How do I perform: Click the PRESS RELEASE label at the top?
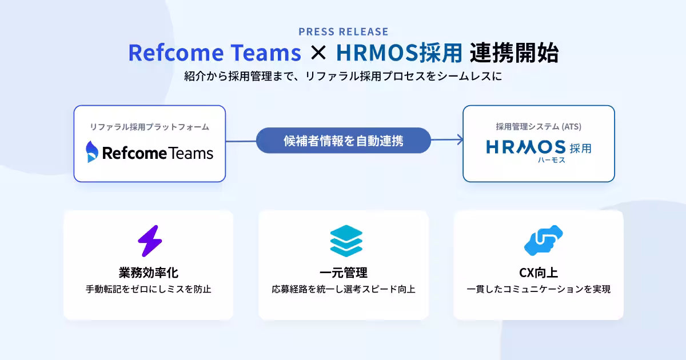click(344, 31)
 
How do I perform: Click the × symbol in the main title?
click(318, 53)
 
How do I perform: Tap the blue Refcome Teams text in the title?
click(215, 53)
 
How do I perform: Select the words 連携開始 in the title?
click(514, 53)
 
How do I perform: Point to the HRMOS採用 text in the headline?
click(400, 53)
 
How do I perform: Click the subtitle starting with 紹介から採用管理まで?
click(343, 76)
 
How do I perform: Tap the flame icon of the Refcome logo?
click(92, 151)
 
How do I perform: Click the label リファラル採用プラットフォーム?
click(149, 127)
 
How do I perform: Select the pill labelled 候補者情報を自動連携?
click(344, 141)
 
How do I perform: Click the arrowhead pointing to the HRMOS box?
click(460, 139)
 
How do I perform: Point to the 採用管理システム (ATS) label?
click(539, 126)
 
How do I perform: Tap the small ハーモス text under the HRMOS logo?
click(551, 160)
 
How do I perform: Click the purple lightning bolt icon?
click(150, 241)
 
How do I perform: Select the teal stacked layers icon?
click(346, 241)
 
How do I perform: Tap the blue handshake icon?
click(543, 241)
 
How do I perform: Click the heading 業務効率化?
click(149, 273)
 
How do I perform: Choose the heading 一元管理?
click(344, 273)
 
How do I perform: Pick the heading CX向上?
click(539, 273)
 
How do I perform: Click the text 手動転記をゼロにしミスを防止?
click(149, 289)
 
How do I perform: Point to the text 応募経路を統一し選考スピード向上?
click(344, 289)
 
